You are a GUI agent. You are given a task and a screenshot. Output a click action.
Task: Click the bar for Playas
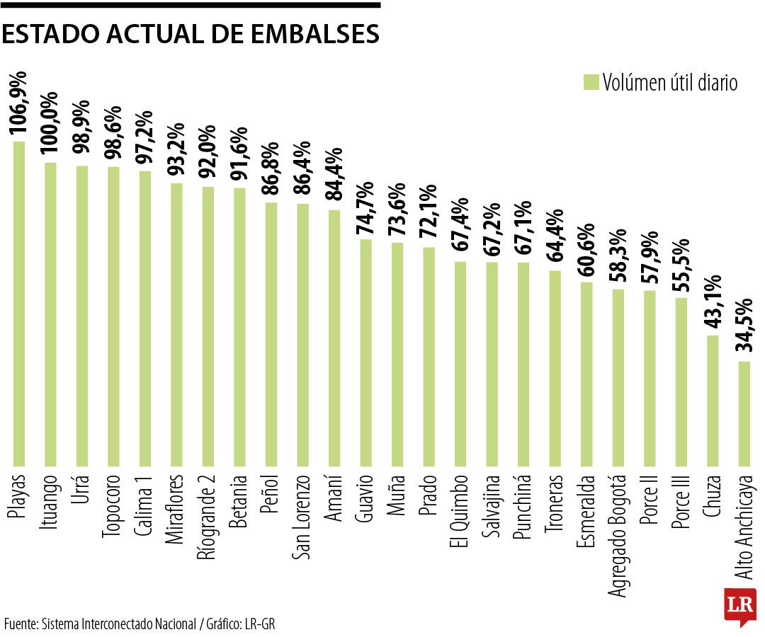click(x=19, y=304)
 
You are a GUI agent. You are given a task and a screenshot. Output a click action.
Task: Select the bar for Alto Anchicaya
click(x=744, y=414)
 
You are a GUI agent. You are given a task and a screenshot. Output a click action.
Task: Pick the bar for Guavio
click(x=366, y=353)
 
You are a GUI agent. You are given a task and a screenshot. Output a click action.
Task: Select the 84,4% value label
click(x=334, y=173)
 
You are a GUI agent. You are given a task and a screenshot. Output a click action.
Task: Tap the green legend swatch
click(x=591, y=82)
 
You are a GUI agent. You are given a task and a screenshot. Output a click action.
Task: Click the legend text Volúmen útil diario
click(x=670, y=82)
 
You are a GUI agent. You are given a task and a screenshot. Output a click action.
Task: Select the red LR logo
click(x=739, y=606)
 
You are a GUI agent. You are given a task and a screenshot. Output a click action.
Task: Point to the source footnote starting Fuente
click(x=139, y=624)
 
